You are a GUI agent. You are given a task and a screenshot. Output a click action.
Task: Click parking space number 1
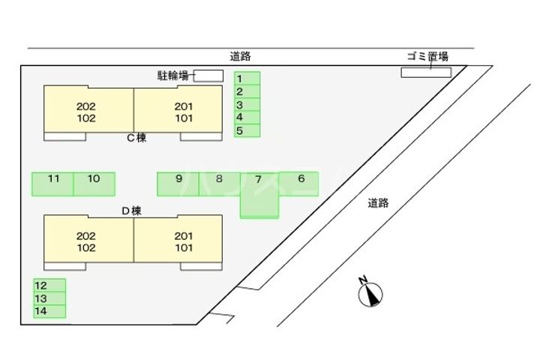[x=247, y=78]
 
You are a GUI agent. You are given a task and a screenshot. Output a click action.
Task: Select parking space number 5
[x=247, y=130]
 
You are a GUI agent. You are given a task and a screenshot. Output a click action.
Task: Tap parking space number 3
[x=247, y=104]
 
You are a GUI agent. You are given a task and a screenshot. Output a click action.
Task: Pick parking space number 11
[x=52, y=184]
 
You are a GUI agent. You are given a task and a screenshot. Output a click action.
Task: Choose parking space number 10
[x=94, y=184]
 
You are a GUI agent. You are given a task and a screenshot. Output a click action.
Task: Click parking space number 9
[x=178, y=184]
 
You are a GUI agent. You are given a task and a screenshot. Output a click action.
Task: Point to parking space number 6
[x=299, y=184]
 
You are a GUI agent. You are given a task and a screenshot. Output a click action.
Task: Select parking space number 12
[x=49, y=285]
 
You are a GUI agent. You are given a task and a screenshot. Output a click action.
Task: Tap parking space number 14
[x=49, y=310]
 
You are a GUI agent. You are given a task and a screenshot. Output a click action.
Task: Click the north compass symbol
[x=370, y=293]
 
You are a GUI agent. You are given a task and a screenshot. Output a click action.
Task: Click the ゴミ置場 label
[x=427, y=56]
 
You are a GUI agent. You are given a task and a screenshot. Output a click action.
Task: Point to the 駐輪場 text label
[x=172, y=75]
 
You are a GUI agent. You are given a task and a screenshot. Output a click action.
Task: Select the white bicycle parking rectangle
[x=208, y=75]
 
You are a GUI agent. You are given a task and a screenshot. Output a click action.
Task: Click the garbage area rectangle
[x=426, y=72]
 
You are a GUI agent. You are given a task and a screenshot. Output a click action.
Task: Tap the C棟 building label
[x=136, y=137]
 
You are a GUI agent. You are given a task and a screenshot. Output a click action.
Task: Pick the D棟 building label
[x=131, y=211]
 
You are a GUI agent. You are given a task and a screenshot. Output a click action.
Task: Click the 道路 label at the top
[x=240, y=56]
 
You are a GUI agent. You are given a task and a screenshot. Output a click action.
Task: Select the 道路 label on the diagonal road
[x=378, y=202]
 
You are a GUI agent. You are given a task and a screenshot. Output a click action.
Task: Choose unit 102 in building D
[x=86, y=247]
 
